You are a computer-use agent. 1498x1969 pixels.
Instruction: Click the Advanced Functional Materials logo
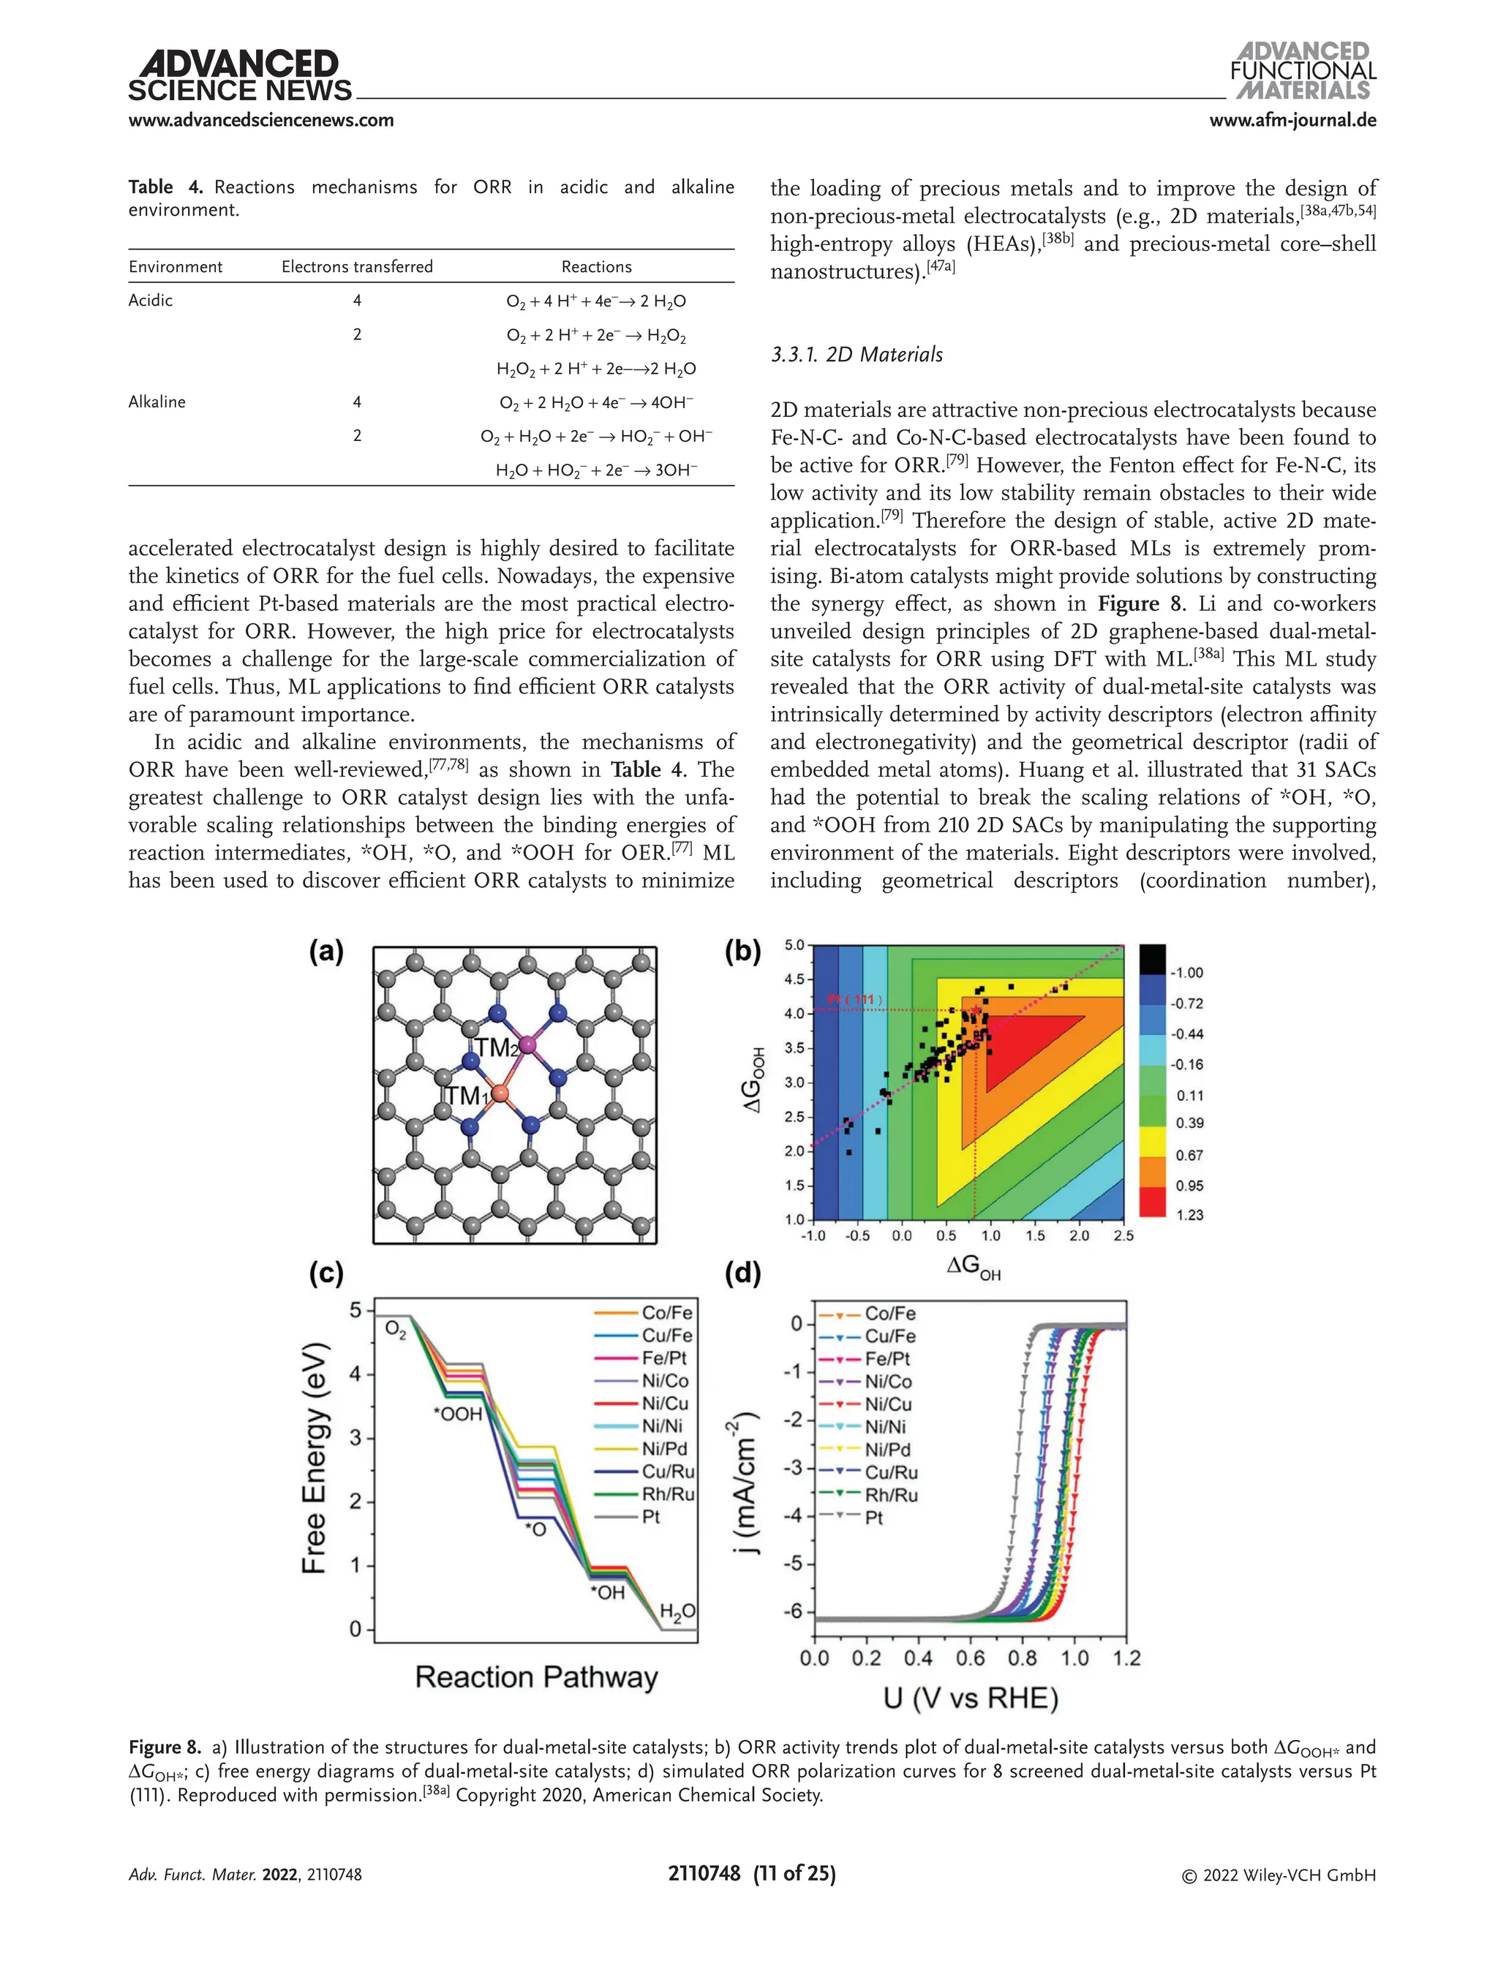pyautogui.click(x=1303, y=72)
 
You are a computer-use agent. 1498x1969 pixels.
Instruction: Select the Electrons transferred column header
pyautogui.click(x=357, y=267)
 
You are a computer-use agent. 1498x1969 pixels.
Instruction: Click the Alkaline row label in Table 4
pyautogui.click(x=157, y=402)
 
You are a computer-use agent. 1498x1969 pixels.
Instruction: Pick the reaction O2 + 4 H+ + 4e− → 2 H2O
pyautogui.click(x=595, y=301)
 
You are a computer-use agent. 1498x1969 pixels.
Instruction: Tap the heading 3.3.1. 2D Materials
pyautogui.click(x=856, y=355)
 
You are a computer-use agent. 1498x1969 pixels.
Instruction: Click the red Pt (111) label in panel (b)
pyautogui.click(x=854, y=1000)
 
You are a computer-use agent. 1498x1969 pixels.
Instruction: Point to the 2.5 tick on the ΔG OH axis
pyautogui.click(x=1123, y=1236)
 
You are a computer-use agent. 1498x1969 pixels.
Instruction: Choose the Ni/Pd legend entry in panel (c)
pyautogui.click(x=664, y=1449)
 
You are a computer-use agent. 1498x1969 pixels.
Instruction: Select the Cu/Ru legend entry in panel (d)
pyautogui.click(x=890, y=1472)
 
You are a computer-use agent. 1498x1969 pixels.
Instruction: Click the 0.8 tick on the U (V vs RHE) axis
pyautogui.click(x=1022, y=1659)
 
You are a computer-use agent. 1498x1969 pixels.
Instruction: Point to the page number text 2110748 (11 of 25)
pyautogui.click(x=752, y=1874)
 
